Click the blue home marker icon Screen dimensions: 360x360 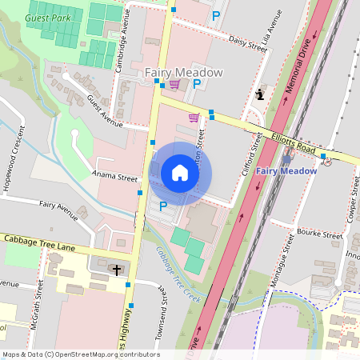pos(180,173)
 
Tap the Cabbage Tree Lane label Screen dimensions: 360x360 pos(38,241)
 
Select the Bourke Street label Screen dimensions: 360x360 pos(319,234)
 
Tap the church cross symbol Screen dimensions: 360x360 pos(117,270)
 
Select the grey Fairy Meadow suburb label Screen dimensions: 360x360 pos(183,73)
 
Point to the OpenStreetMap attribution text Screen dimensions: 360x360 pos(81,354)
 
